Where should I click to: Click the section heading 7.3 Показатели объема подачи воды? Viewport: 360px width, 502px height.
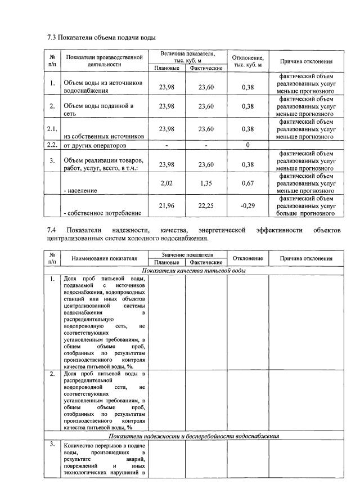(x=101, y=37)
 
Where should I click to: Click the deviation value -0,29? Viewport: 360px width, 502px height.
(x=247, y=206)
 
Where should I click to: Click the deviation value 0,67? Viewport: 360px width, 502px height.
(x=247, y=183)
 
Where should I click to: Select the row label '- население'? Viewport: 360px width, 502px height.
(x=79, y=191)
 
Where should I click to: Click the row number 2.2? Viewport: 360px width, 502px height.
(x=52, y=146)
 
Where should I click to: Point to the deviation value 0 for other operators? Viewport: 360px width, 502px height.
(x=247, y=146)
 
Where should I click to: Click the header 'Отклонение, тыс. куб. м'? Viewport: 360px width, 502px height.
(x=247, y=61)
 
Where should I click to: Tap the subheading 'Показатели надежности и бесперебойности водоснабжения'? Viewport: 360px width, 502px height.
(x=193, y=436)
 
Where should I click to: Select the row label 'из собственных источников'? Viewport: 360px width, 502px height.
(x=97, y=136)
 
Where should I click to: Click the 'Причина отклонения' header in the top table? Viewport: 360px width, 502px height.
(x=306, y=61)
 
